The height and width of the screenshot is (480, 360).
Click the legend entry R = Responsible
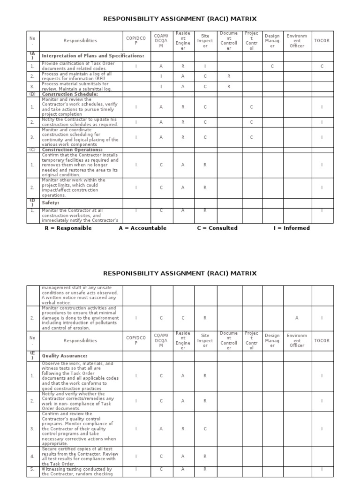[x=68, y=228]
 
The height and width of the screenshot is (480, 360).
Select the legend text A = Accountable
[x=142, y=228]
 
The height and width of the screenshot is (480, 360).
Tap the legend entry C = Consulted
[x=217, y=228]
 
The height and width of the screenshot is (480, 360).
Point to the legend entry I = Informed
[x=292, y=228]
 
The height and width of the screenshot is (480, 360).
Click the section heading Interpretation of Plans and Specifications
[x=93, y=56]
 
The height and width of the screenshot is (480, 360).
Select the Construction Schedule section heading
[x=70, y=94]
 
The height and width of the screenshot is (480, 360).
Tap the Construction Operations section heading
[x=72, y=150]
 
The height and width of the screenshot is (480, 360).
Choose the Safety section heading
[x=51, y=203]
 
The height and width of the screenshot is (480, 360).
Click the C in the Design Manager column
[x=272, y=67]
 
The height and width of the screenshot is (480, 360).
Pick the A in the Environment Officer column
[x=297, y=318]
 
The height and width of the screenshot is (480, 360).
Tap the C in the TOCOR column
[x=322, y=67]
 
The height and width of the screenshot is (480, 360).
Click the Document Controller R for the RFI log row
[x=229, y=76]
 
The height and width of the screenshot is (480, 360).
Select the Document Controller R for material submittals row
[x=229, y=87]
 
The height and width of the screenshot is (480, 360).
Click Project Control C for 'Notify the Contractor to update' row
[x=252, y=122]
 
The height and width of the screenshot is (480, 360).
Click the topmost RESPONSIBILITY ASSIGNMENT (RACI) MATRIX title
[x=180, y=19]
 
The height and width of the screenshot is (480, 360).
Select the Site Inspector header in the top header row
[x=205, y=41]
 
